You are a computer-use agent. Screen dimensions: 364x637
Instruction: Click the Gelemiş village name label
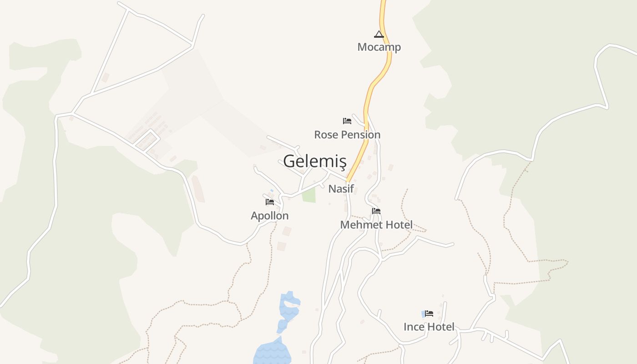(314, 161)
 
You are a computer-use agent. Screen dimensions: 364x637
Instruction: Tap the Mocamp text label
(379, 47)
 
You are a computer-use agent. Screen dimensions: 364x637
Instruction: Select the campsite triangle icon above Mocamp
(379, 34)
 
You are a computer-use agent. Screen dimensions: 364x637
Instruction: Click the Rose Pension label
(347, 135)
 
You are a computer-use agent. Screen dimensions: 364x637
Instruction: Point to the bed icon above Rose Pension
(347, 121)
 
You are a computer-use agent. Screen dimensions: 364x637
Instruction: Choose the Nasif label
(341, 188)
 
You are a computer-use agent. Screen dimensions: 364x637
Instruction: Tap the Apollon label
(270, 216)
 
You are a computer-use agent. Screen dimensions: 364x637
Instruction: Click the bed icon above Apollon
(270, 202)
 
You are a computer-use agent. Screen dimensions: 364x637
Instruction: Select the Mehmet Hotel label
(376, 225)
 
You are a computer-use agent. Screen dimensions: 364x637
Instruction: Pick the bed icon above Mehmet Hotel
(376, 211)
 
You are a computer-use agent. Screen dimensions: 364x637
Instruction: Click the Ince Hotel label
(429, 327)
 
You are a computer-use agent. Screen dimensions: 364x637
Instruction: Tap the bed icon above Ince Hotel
(429, 313)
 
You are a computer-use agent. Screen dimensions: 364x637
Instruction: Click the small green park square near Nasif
(309, 195)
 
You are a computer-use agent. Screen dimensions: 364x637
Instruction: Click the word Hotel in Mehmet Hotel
(399, 225)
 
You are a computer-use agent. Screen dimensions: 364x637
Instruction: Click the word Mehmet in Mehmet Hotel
(361, 225)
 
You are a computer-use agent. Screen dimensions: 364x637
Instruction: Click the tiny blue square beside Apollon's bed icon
(272, 190)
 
